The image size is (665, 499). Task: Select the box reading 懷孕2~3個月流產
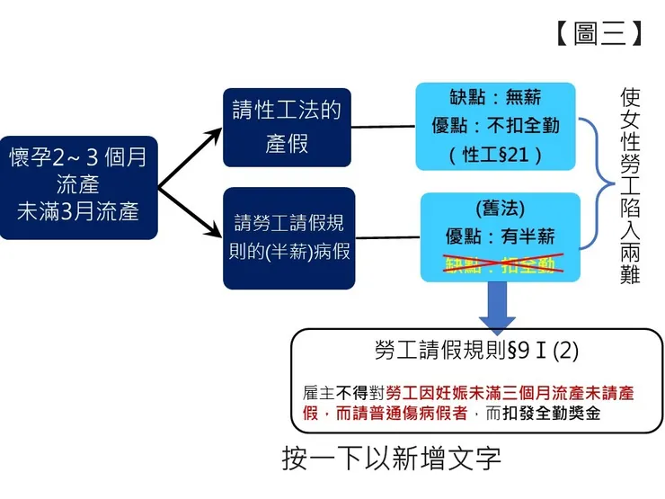78,186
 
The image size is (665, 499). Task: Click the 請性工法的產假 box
288,127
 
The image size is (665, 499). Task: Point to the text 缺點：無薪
495,98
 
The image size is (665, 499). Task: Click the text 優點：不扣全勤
495,125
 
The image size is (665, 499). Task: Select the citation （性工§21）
495,154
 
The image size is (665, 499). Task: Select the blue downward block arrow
496,306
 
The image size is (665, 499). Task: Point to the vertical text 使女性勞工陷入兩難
629,185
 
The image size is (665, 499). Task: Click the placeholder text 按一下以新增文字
391,459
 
